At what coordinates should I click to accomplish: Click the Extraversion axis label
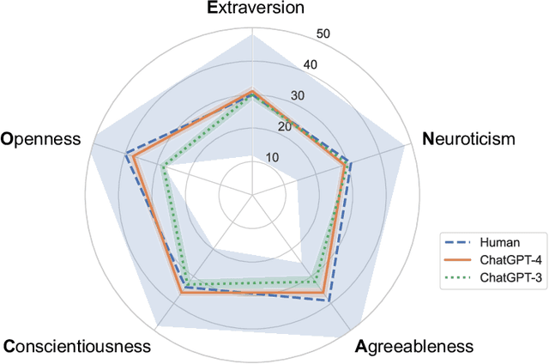[x=256, y=9]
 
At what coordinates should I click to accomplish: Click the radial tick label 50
[x=323, y=34]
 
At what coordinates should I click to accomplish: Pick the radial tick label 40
[x=310, y=65]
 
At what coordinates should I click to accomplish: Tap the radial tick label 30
[x=297, y=96]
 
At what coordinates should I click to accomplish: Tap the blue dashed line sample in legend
[x=458, y=243]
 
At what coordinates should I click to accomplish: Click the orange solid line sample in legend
[x=458, y=260]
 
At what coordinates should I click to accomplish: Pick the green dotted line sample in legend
[x=458, y=277]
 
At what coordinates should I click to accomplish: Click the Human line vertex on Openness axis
[x=126, y=155]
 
